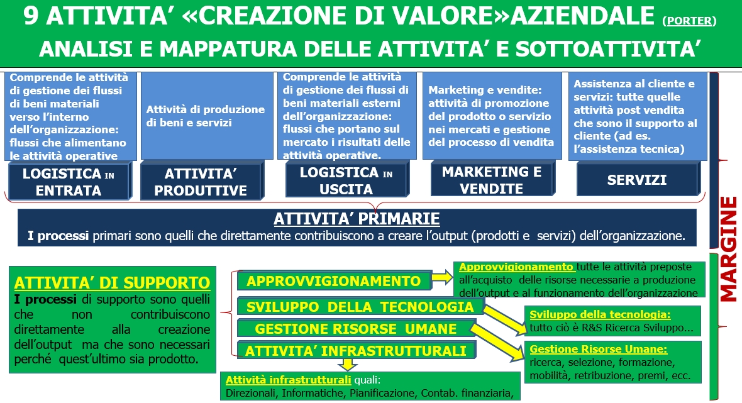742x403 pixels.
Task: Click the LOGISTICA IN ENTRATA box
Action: pyautogui.click(x=69, y=181)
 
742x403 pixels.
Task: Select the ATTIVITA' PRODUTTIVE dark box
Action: pyautogui.click(x=202, y=181)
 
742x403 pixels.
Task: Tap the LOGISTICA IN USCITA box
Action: pyautogui.click(x=347, y=180)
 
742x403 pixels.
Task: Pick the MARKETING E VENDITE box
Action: pyautogui.click(x=492, y=179)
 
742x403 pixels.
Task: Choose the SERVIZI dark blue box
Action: pyautogui.click(x=638, y=179)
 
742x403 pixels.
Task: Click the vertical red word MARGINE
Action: pyautogui.click(x=728, y=249)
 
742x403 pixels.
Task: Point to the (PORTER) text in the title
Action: pyautogui.click(x=689, y=21)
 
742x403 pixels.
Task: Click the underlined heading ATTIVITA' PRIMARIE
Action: pyautogui.click(x=357, y=219)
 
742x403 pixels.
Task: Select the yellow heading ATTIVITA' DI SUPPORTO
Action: pyautogui.click(x=112, y=283)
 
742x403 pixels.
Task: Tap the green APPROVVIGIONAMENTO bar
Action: pyautogui.click(x=334, y=281)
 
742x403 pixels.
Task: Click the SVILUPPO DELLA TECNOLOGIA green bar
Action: pyautogui.click(x=360, y=307)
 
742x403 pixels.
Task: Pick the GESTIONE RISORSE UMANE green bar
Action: pyautogui.click(x=356, y=329)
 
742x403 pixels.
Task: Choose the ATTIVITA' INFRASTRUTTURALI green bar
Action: pyautogui.click(x=356, y=350)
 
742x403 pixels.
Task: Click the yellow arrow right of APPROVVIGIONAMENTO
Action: pyautogui.click(x=443, y=277)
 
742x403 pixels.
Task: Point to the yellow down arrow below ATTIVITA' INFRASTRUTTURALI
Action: pyautogui.click(x=348, y=364)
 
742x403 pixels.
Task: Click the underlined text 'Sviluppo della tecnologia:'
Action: pyautogui.click(x=600, y=314)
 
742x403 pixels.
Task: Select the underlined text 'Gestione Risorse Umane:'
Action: pyautogui.click(x=598, y=349)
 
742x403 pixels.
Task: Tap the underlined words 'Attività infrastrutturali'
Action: pyautogui.click(x=288, y=380)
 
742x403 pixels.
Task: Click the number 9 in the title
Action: pyautogui.click(x=31, y=16)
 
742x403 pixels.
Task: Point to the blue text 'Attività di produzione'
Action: pyautogui.click(x=206, y=109)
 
